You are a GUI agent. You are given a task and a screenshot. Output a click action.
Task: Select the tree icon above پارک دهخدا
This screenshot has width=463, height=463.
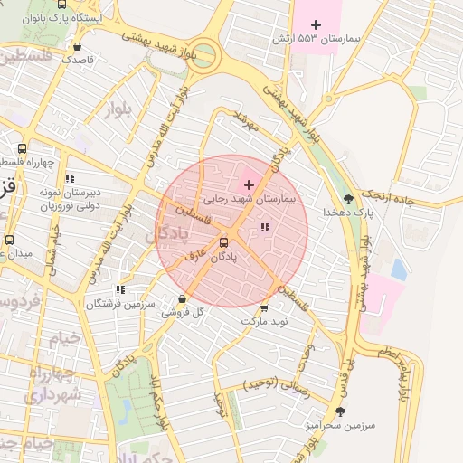pyautogui.click(x=349, y=197)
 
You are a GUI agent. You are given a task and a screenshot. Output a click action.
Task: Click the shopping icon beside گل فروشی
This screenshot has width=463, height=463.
pyautogui.click(x=183, y=298)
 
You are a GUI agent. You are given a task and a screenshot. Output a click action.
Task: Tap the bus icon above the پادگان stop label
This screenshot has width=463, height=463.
pyautogui.click(x=223, y=241)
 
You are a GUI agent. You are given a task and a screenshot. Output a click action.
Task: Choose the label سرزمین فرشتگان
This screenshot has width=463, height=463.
pyautogui.click(x=121, y=304)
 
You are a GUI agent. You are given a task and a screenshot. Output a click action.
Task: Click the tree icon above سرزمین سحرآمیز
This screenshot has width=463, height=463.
pyautogui.click(x=340, y=410)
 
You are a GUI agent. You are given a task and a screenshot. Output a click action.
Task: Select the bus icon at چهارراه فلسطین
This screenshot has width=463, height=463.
pyautogui.click(x=23, y=149)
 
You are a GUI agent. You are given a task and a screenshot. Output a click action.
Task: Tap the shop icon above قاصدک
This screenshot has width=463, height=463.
pyautogui.click(x=78, y=46)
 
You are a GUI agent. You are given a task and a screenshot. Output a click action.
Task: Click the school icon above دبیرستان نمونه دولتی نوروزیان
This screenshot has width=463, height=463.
pyautogui.click(x=70, y=178)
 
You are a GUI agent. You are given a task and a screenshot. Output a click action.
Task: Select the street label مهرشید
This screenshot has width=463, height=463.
pyautogui.click(x=246, y=122)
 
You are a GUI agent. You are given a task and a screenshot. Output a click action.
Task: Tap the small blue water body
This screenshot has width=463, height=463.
pyautogui.click(x=399, y=269)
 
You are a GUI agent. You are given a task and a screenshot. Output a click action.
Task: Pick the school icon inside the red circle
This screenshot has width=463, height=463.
pyautogui.click(x=265, y=227)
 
